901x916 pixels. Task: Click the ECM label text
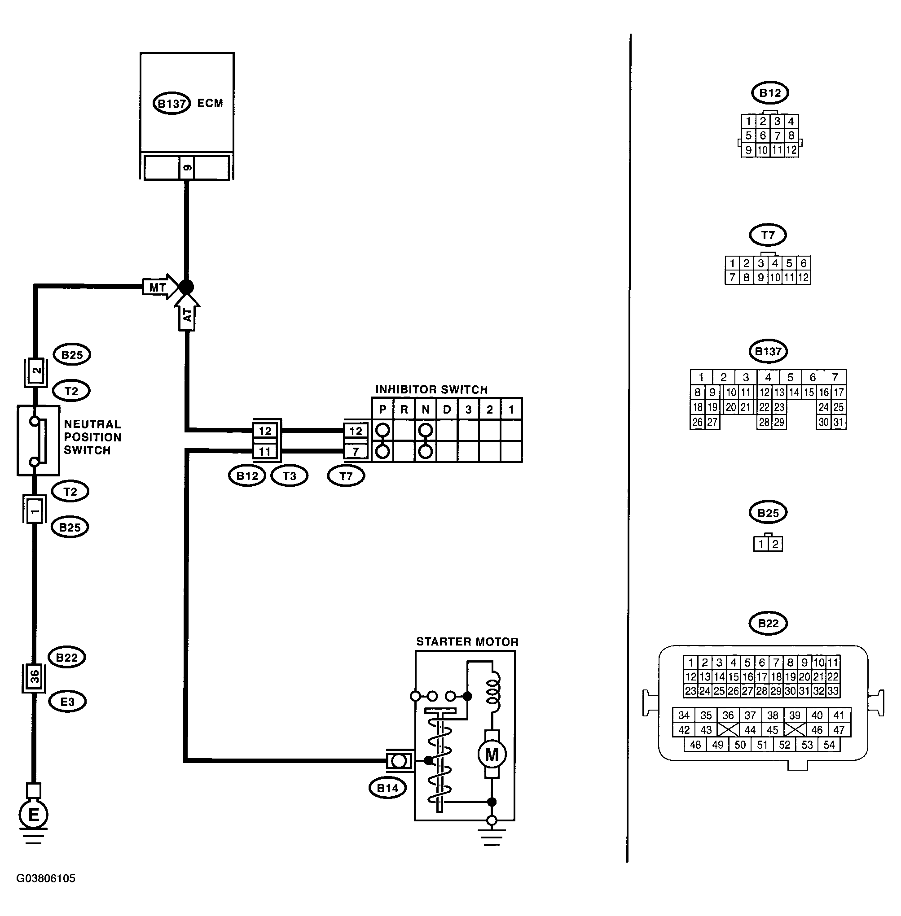(x=210, y=103)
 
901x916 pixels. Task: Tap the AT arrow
(x=187, y=312)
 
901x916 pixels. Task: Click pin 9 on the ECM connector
(x=187, y=167)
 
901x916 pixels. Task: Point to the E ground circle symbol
(x=34, y=815)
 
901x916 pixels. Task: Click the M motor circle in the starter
(x=492, y=754)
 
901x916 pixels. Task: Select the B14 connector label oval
(x=387, y=788)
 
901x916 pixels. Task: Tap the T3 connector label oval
(x=289, y=476)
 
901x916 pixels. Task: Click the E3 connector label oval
(x=67, y=702)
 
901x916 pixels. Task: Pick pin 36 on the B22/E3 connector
(x=35, y=677)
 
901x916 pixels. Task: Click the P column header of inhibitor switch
(x=383, y=410)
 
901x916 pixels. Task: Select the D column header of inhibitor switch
(x=447, y=410)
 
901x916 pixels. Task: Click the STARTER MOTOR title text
(x=467, y=642)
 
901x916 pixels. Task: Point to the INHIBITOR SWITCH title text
(x=431, y=390)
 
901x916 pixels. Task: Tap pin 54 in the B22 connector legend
(x=829, y=745)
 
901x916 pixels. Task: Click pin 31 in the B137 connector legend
(x=839, y=422)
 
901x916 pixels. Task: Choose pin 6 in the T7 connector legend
(x=803, y=263)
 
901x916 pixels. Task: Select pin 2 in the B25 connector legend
(x=775, y=544)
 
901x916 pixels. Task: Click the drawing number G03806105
(x=46, y=878)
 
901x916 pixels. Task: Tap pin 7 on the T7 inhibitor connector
(x=356, y=452)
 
